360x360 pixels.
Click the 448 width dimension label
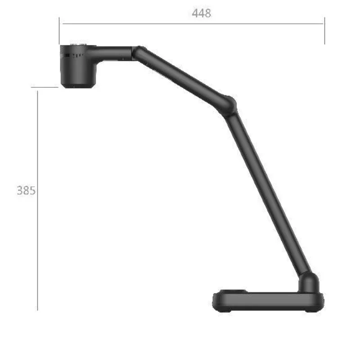[201, 13]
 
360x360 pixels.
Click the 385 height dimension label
[26, 190]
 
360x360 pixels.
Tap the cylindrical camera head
[78, 67]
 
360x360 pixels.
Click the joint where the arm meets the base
[309, 283]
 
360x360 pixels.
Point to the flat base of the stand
[268, 301]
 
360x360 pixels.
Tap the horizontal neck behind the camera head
[114, 53]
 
